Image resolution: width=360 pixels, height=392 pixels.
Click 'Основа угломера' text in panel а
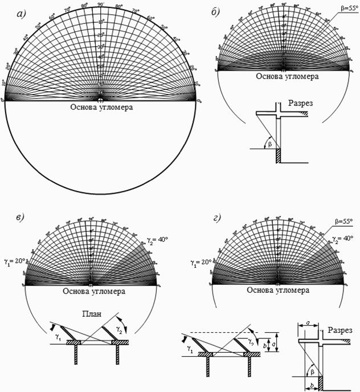101,107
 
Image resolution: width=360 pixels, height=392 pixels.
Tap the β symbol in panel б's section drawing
270,144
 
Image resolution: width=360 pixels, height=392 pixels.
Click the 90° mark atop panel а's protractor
100,4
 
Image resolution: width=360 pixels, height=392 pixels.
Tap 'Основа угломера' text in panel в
91,292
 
